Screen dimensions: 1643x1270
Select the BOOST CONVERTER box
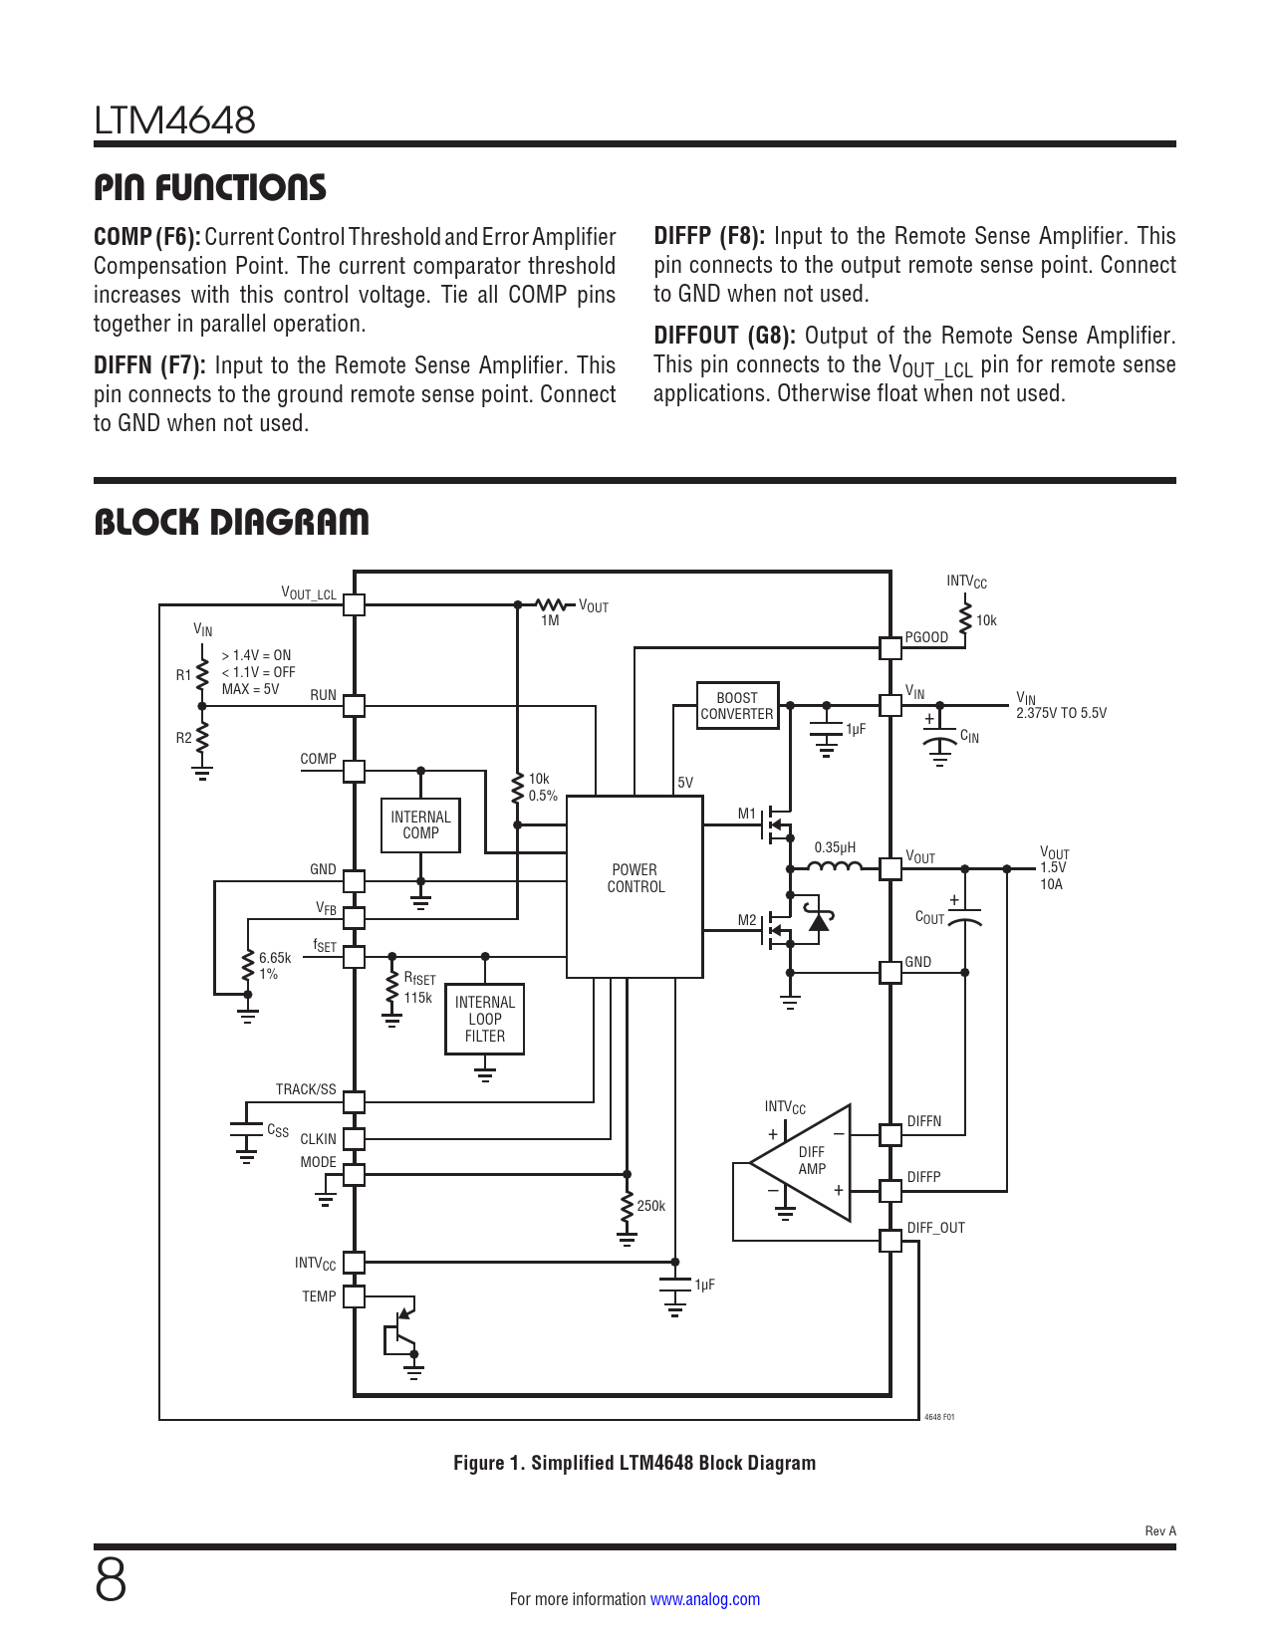click(737, 706)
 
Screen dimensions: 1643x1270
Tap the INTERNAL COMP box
click(420, 825)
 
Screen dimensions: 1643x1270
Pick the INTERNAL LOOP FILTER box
click(485, 1019)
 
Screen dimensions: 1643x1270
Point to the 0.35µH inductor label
click(835, 848)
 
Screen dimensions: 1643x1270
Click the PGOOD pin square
click(890, 648)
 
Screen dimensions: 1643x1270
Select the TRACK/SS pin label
click(306, 1089)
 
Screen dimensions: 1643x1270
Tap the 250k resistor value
click(650, 1206)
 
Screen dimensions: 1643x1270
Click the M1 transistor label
click(747, 814)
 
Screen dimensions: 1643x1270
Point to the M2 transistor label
click(747, 920)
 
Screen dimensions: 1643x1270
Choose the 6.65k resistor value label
click(275, 958)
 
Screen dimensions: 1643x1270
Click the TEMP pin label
click(319, 1296)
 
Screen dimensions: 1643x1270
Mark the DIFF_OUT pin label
click(935, 1228)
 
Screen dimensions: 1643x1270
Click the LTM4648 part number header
click(175, 120)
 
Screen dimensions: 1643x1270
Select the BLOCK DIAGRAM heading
click(231, 522)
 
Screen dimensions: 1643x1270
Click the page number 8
click(111, 1580)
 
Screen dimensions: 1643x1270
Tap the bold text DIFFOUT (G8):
click(724, 336)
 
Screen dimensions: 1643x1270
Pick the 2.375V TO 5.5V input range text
click(1061, 713)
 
